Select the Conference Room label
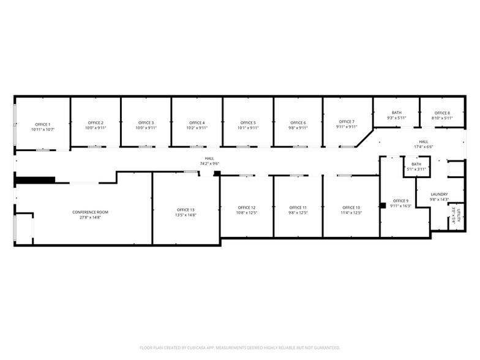(x=90, y=212)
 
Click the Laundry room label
(x=439, y=194)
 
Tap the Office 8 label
(x=442, y=113)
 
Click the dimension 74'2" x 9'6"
(x=209, y=163)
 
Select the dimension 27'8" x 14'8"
(x=90, y=217)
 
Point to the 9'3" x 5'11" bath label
(x=397, y=118)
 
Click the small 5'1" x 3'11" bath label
(x=416, y=168)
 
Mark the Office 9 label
(x=400, y=201)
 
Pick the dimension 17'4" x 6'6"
(x=423, y=147)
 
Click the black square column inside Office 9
(x=383, y=204)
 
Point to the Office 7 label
(x=347, y=122)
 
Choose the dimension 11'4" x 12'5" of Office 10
(x=351, y=212)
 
